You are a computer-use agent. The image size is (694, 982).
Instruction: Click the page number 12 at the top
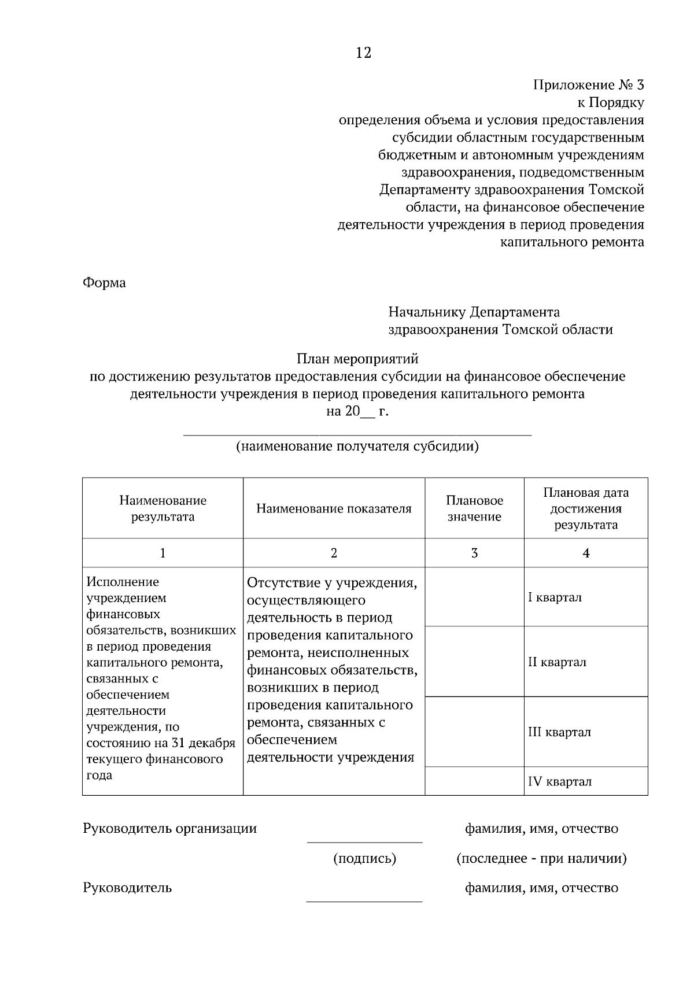pyautogui.click(x=363, y=53)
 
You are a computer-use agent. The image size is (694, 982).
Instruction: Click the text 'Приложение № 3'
pyautogui.click(x=588, y=85)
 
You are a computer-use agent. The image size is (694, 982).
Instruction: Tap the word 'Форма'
pyautogui.click(x=104, y=283)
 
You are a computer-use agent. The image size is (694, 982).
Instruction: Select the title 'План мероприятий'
pyautogui.click(x=357, y=359)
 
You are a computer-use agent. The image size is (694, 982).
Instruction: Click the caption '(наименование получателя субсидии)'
pyautogui.click(x=357, y=446)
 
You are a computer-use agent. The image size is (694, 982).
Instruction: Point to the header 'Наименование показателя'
pyautogui.click(x=334, y=508)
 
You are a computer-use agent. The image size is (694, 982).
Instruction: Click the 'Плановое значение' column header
pyautogui.click(x=474, y=508)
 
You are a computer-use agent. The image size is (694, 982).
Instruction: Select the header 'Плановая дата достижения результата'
pyautogui.click(x=585, y=508)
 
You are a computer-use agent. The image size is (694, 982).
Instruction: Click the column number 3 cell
pyautogui.click(x=474, y=553)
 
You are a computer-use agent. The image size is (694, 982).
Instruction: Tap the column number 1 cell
pyautogui.click(x=163, y=553)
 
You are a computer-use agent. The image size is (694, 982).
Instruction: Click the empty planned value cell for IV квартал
pyautogui.click(x=474, y=781)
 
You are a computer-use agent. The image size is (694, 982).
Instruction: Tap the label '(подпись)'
pyautogui.click(x=364, y=859)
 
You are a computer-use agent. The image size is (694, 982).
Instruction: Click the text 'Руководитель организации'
pyautogui.click(x=170, y=828)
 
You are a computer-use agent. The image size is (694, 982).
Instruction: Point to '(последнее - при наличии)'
pyautogui.click(x=541, y=859)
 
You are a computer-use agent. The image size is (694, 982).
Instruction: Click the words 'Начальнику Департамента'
pyautogui.click(x=474, y=312)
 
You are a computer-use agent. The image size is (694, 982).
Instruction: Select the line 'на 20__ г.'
pyautogui.click(x=357, y=412)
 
